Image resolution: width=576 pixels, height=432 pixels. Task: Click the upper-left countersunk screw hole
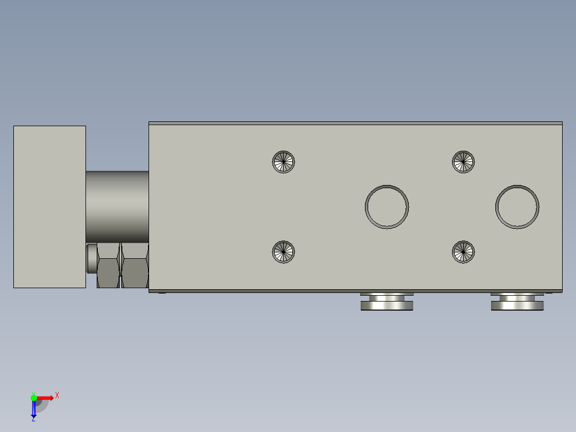point(284,161)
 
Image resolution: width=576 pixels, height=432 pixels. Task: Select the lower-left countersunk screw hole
point(284,251)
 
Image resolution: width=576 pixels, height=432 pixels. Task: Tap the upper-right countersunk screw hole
point(463,161)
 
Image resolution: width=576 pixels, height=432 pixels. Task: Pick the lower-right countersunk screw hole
point(463,251)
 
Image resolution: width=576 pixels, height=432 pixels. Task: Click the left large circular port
point(387,207)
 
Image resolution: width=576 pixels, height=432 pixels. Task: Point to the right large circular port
point(517,207)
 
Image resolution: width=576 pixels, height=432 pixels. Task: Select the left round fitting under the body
point(387,303)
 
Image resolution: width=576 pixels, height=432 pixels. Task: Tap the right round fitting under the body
point(517,303)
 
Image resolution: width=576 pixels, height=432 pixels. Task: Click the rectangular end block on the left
point(49,207)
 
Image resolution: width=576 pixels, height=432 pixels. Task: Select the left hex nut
point(107,265)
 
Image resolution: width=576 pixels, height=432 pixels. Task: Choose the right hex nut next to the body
point(135,265)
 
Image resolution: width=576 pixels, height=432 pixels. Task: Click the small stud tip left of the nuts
point(91,259)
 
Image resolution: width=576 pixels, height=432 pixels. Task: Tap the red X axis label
point(57,396)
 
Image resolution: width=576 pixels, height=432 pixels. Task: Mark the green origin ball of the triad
point(34,398)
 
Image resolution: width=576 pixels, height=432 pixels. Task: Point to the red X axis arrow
point(46,398)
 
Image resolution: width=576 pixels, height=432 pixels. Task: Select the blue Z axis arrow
point(34,408)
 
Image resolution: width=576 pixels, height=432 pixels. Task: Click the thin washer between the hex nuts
point(120,265)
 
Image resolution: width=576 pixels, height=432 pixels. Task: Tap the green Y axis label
point(33,392)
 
